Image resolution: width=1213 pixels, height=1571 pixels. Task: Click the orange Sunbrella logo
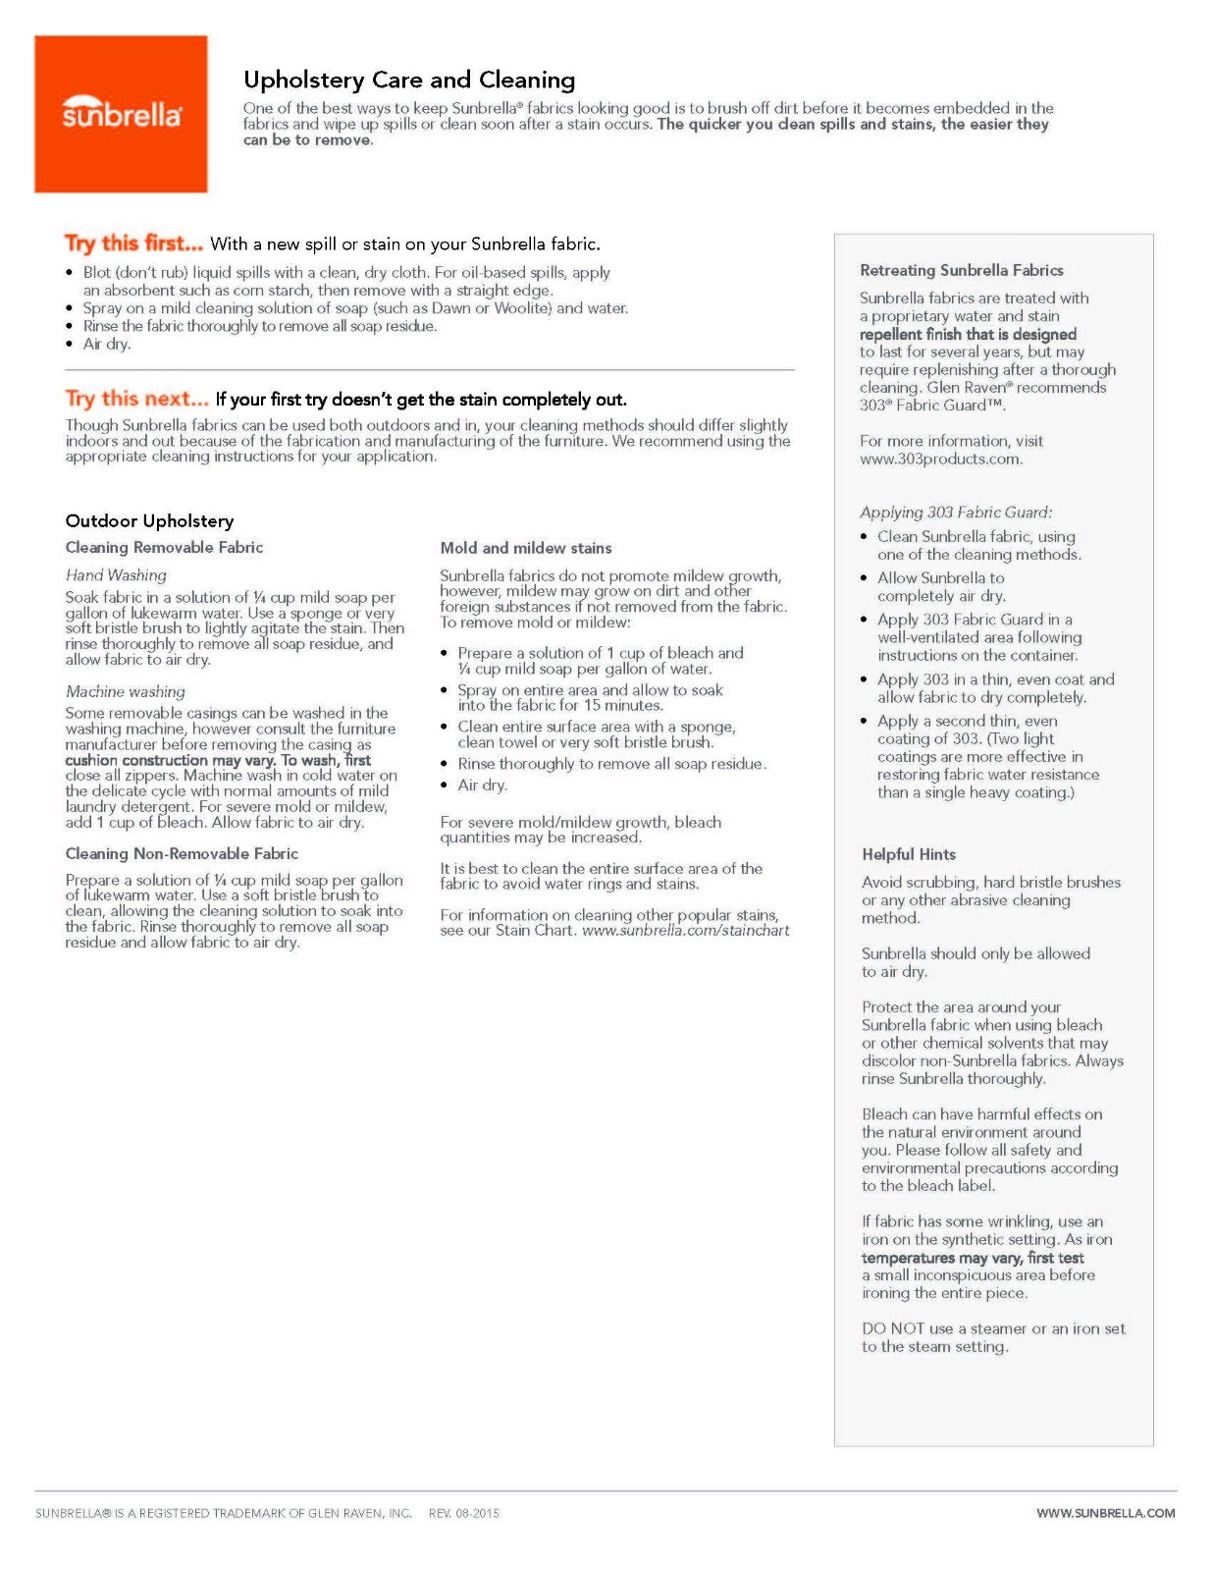click(121, 114)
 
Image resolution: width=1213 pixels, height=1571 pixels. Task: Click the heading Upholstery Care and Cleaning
click(409, 80)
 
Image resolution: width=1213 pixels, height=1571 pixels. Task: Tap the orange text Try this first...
click(133, 244)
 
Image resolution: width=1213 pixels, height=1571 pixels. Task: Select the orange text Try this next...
click(136, 399)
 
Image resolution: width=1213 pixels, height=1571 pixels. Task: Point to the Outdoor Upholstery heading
click(149, 520)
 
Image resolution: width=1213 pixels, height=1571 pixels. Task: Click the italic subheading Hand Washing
click(116, 575)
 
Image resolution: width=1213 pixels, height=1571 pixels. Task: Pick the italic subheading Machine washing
click(125, 691)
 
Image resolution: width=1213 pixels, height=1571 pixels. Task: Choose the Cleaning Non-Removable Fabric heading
click(182, 853)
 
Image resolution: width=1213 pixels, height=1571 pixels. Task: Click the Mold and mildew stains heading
click(525, 548)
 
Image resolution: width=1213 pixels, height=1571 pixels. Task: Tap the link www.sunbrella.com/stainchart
click(685, 930)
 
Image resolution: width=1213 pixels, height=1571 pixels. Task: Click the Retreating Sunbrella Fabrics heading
click(961, 270)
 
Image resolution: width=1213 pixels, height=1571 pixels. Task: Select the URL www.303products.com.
click(940, 459)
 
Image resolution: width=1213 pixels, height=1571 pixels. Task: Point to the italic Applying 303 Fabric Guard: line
click(955, 512)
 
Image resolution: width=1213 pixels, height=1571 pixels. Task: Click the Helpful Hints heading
click(908, 854)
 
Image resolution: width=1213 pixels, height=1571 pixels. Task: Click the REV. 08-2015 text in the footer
click(463, 1513)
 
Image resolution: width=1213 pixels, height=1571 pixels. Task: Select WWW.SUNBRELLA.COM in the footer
click(1105, 1513)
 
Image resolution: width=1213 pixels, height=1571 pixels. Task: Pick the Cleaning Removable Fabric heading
click(164, 547)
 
